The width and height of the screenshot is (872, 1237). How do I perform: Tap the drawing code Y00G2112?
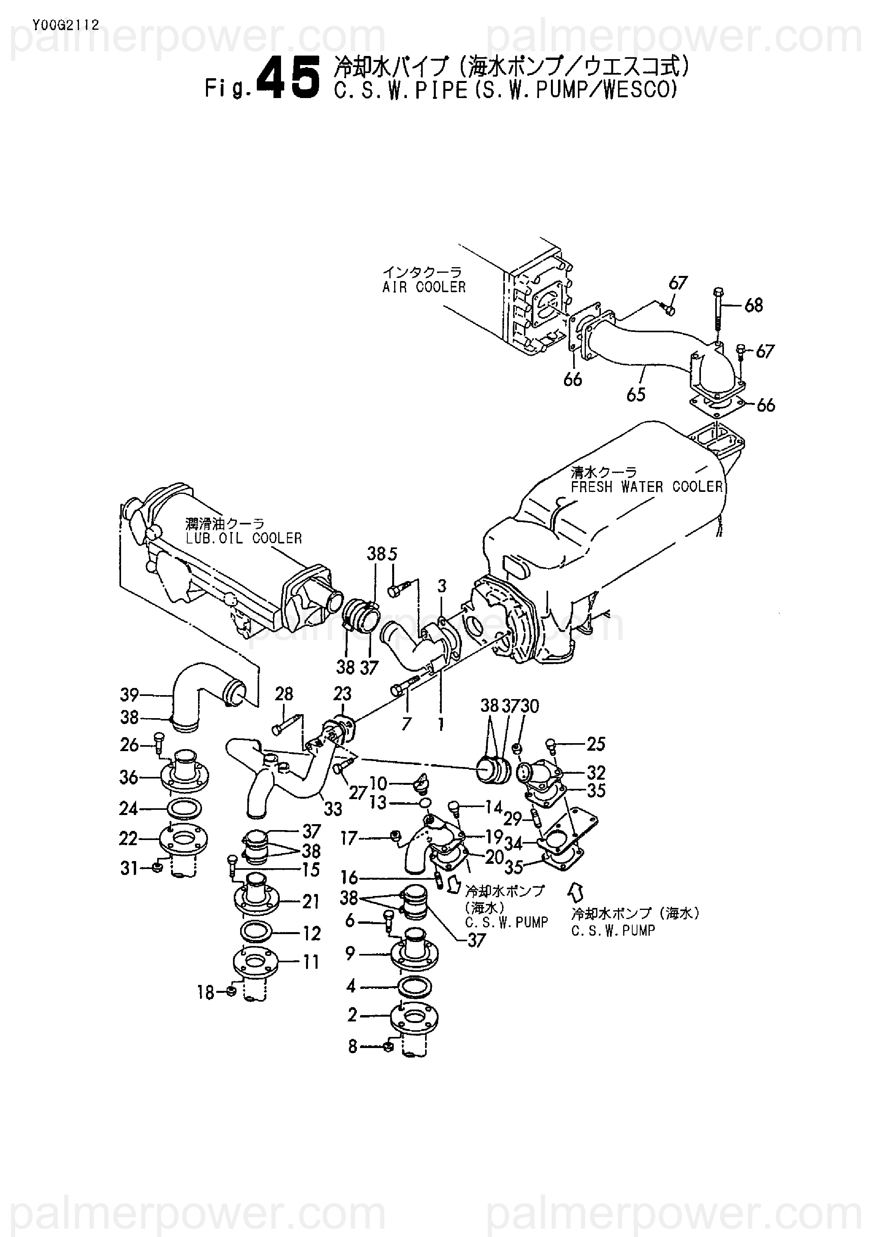[x=66, y=24]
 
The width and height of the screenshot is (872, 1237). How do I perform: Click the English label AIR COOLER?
[x=424, y=287]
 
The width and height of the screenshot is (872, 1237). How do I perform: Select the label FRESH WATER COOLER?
[x=647, y=487]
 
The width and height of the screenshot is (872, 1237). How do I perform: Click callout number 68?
[x=753, y=306]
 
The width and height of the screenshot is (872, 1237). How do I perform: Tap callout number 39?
[x=129, y=695]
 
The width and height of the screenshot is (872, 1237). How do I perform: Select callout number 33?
[x=333, y=809]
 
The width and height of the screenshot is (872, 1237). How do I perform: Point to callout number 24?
[x=128, y=809]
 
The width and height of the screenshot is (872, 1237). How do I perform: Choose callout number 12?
[x=311, y=933]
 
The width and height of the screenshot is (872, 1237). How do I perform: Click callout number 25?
[x=596, y=744]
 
